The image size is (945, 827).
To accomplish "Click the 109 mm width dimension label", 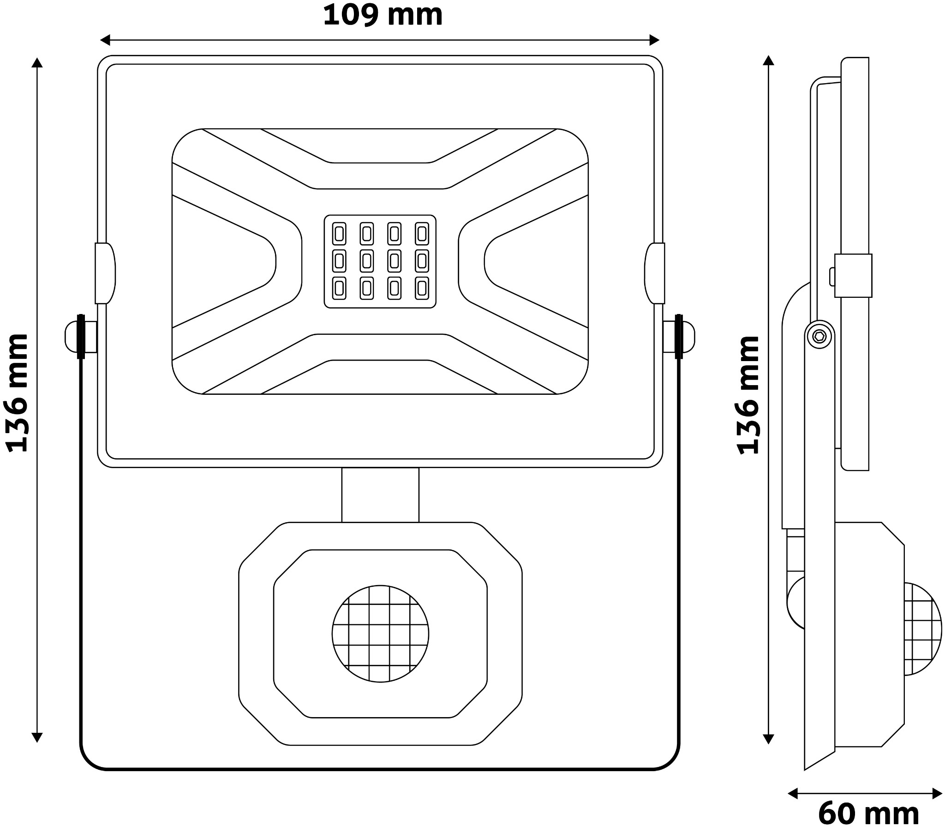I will tap(383, 15).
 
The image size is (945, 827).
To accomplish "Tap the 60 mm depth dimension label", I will tap(868, 814).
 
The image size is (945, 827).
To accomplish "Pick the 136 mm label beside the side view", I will tap(747, 395).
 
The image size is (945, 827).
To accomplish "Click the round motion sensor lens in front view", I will tap(380, 634).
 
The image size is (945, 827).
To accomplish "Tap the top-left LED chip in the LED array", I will tap(339, 234).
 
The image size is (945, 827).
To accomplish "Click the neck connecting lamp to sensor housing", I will tap(380, 495).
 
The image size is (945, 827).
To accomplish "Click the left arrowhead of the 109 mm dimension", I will tap(105, 40).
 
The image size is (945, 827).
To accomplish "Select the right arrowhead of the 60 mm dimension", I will tap(938, 794).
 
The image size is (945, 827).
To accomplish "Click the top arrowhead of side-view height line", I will tap(768, 60).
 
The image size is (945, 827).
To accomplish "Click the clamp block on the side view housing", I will tap(853, 275).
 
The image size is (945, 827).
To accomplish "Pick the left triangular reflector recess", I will tap(221, 261).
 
